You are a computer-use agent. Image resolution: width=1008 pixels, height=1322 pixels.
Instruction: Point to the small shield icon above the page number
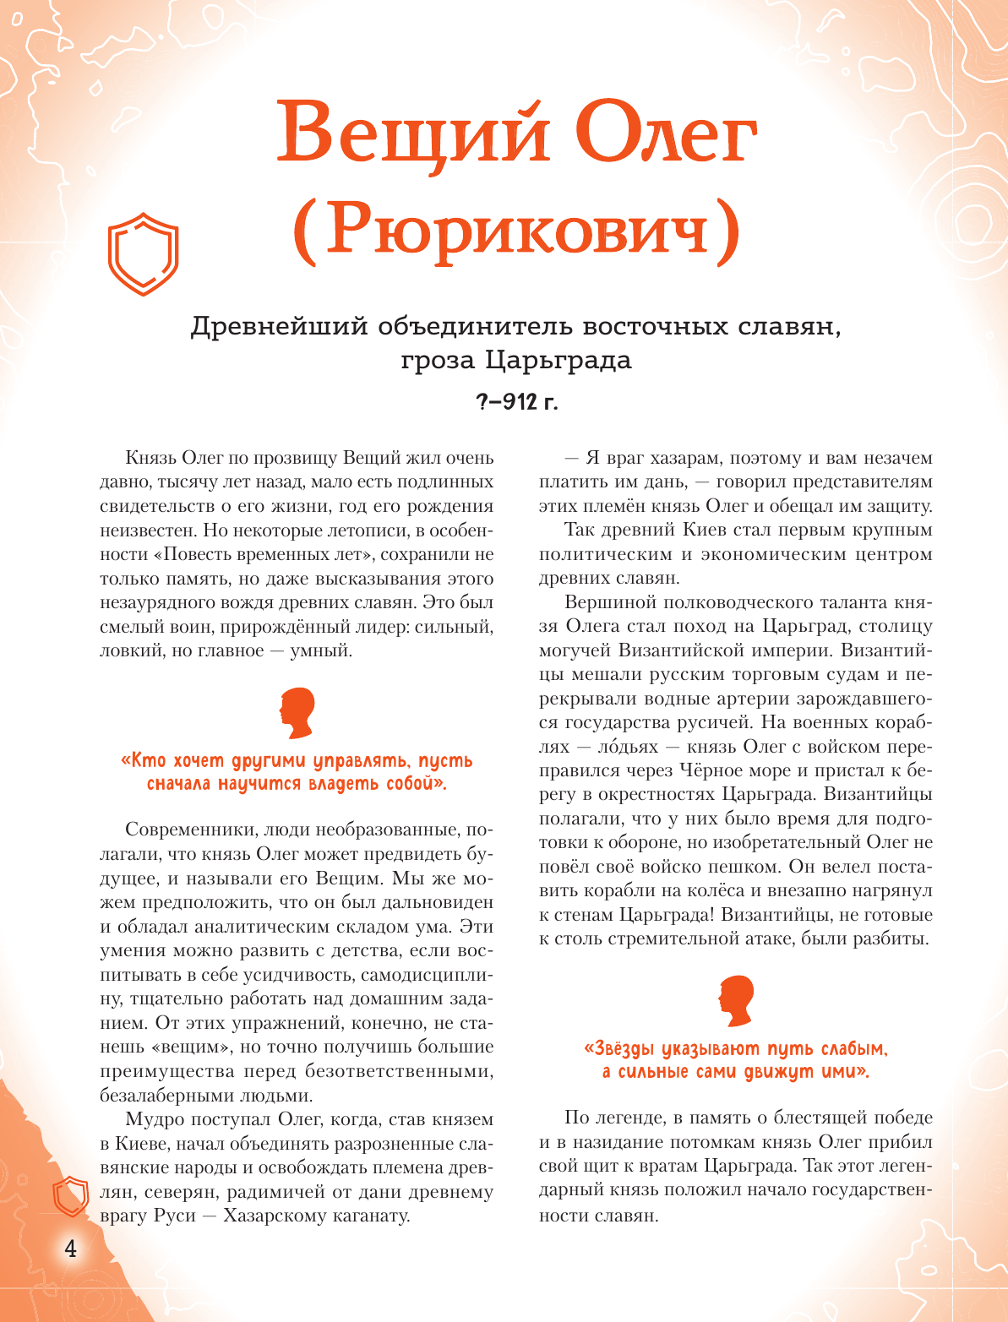pyautogui.click(x=71, y=1196)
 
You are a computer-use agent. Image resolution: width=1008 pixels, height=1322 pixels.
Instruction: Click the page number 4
pyautogui.click(x=70, y=1249)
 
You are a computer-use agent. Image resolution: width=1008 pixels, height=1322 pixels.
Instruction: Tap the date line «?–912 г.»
pyautogui.click(x=516, y=402)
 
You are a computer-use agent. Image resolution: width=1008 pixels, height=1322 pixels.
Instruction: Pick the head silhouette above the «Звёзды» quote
pyautogui.click(x=736, y=1002)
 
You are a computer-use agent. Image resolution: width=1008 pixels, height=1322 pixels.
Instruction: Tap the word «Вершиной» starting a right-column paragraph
pyautogui.click(x=603, y=602)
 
